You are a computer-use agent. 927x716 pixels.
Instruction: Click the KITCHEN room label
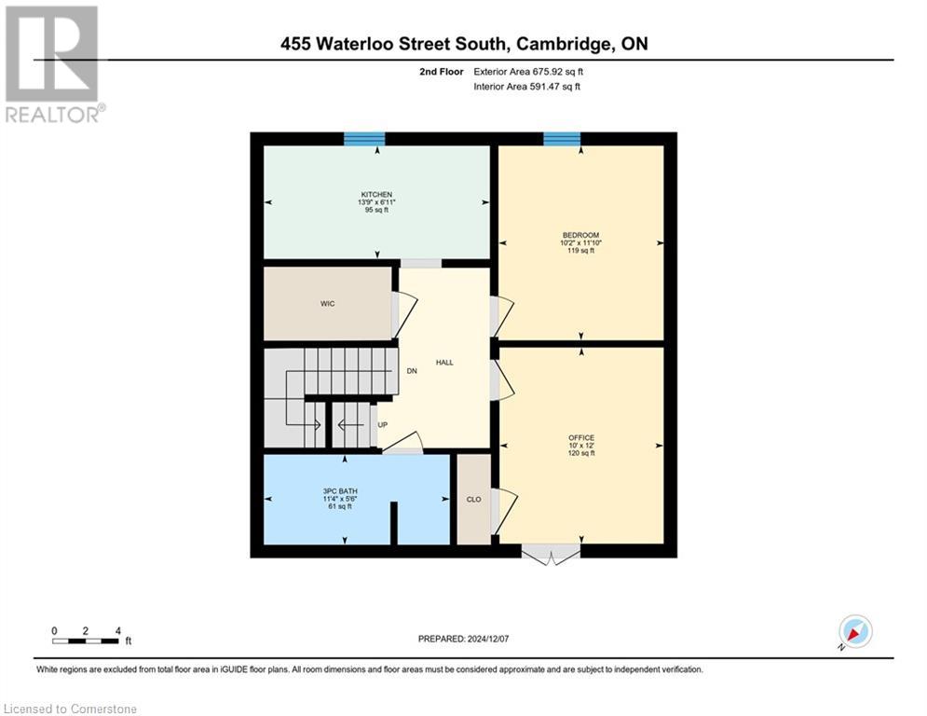pyautogui.click(x=370, y=194)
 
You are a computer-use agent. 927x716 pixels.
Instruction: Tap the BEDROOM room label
pyautogui.click(x=580, y=235)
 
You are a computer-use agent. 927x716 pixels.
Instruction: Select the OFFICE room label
pyautogui.click(x=581, y=437)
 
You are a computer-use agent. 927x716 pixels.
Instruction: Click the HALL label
pyautogui.click(x=444, y=362)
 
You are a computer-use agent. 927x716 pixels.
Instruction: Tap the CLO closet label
pyautogui.click(x=473, y=500)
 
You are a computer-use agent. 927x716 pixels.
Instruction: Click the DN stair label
pyautogui.click(x=411, y=371)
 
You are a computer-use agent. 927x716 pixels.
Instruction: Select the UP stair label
pyautogui.click(x=382, y=425)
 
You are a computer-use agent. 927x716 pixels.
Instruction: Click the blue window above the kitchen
pyautogui.click(x=364, y=139)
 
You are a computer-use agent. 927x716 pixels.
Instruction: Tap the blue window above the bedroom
pyautogui.click(x=562, y=139)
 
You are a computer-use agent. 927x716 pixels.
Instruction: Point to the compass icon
pyautogui.click(x=854, y=631)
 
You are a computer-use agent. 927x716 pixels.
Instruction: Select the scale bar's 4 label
pyautogui.click(x=117, y=631)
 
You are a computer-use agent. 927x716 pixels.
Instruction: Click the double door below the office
pyautogui.click(x=552, y=555)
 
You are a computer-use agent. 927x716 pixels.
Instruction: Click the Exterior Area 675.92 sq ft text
pyautogui.click(x=528, y=72)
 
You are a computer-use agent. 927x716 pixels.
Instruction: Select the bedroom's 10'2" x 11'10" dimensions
pyautogui.click(x=580, y=242)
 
